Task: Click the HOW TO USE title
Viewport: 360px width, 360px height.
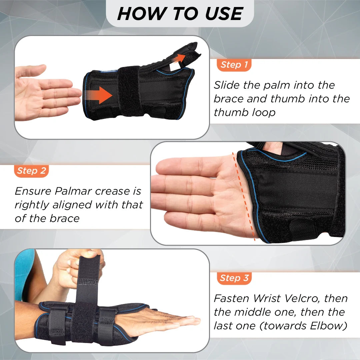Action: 180,14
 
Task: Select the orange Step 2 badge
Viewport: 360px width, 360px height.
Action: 32,171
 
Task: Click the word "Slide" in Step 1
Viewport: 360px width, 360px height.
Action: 227,85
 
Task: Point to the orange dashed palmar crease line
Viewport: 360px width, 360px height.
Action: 245,197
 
